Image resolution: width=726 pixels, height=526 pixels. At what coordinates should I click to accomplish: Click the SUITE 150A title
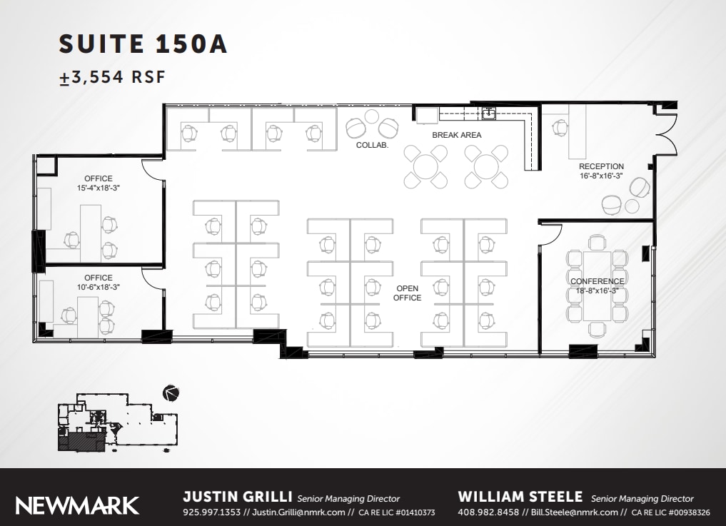[x=143, y=44]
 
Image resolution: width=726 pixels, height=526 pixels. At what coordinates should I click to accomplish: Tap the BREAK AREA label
[x=456, y=135]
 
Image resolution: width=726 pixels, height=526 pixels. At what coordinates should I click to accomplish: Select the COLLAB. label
[x=372, y=146]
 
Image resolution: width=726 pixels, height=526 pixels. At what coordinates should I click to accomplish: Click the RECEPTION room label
[x=601, y=166]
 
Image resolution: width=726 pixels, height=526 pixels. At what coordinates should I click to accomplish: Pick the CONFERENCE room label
[x=597, y=281]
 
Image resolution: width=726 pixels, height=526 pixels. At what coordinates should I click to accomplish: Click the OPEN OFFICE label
[x=407, y=293]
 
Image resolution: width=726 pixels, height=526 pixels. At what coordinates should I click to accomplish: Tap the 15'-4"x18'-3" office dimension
[x=99, y=188]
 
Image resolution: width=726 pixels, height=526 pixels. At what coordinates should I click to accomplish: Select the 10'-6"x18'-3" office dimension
[x=99, y=288]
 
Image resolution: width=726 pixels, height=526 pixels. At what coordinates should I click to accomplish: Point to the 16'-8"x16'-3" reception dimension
[x=601, y=176]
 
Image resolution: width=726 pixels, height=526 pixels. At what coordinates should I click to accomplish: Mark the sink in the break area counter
[x=489, y=113]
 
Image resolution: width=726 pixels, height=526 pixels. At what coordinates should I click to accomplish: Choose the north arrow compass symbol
[x=171, y=392]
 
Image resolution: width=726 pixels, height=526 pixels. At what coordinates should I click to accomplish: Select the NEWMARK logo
[x=77, y=505]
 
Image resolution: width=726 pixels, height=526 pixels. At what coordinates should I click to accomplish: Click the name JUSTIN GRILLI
[x=237, y=497]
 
